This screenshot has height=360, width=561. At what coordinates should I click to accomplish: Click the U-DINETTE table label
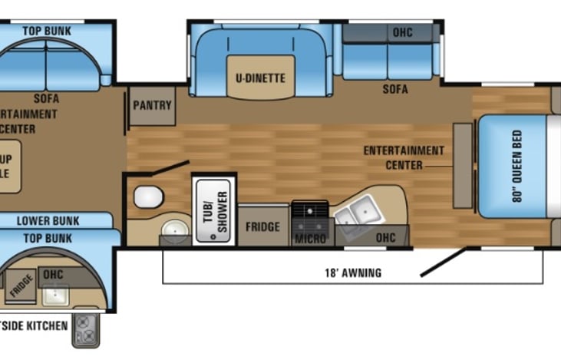tap(260, 78)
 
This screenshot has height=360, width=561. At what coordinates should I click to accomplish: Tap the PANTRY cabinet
tap(152, 106)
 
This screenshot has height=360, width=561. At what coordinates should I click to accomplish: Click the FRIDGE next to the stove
tap(262, 227)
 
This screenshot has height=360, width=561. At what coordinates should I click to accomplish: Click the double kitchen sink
tap(354, 209)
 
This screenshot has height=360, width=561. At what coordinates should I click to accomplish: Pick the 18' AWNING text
tap(353, 272)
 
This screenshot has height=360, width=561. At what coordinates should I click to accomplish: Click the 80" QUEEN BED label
tap(515, 164)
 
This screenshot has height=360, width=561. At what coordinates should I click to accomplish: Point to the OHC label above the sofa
tap(402, 33)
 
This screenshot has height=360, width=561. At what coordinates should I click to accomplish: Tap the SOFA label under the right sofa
tap(395, 90)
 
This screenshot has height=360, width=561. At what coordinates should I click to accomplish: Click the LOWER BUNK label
tap(48, 221)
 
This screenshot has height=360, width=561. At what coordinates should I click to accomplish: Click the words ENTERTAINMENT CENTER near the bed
tap(404, 157)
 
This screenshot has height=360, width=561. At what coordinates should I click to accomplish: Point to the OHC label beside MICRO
tap(385, 239)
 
